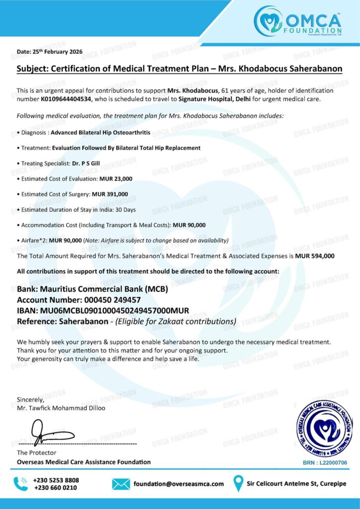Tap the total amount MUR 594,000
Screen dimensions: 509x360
pos(314,256)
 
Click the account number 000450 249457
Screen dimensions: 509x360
pos(108,300)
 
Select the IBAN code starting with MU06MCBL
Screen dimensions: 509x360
pos(114,311)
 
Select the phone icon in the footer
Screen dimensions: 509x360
pos(21,483)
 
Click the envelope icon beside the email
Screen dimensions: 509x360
pos(121,484)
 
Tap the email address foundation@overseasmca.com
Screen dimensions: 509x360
pos(179,484)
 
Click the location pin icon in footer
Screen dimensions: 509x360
pos(239,483)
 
